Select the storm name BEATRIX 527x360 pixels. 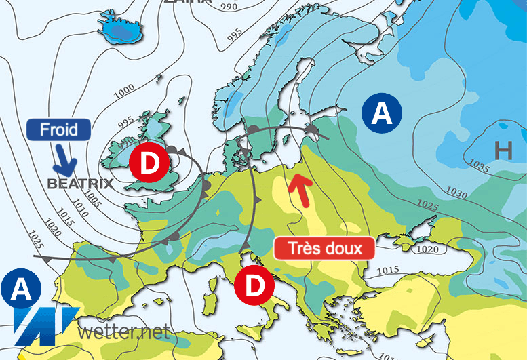[75, 183]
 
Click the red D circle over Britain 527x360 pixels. [146, 162]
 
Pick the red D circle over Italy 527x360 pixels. [254, 286]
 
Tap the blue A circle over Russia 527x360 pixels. [382, 113]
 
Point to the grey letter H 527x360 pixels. [503, 151]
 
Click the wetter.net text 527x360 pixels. [123, 332]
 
